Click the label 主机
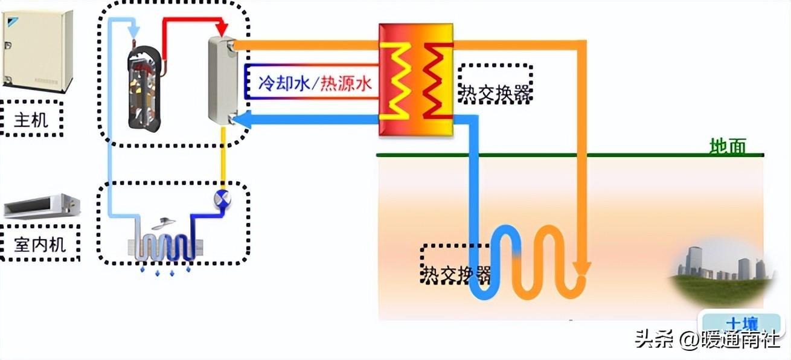tap(31, 120)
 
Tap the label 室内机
tap(40, 245)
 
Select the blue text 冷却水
tap(284, 84)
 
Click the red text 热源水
tap(346, 84)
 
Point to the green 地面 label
tap(728, 146)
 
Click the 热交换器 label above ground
tap(496, 94)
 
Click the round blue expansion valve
tap(222, 198)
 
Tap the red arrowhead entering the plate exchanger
tap(222, 30)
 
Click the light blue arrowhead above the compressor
tap(133, 32)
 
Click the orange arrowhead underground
tap(581, 269)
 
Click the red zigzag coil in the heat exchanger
tap(438, 82)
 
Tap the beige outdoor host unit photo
tap(37, 51)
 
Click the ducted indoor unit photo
tap(42, 206)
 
